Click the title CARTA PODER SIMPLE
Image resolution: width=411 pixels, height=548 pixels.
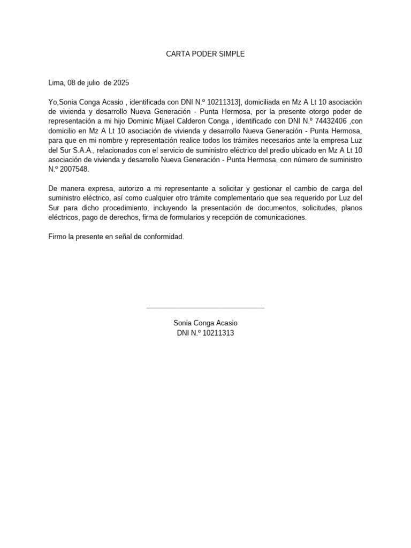click(205, 54)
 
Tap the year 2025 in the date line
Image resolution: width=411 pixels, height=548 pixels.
click(121, 83)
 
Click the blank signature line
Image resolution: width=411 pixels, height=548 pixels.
click(205, 307)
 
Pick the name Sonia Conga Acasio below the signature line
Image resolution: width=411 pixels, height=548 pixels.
click(205, 323)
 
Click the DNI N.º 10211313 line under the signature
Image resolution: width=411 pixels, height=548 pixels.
click(205, 333)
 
